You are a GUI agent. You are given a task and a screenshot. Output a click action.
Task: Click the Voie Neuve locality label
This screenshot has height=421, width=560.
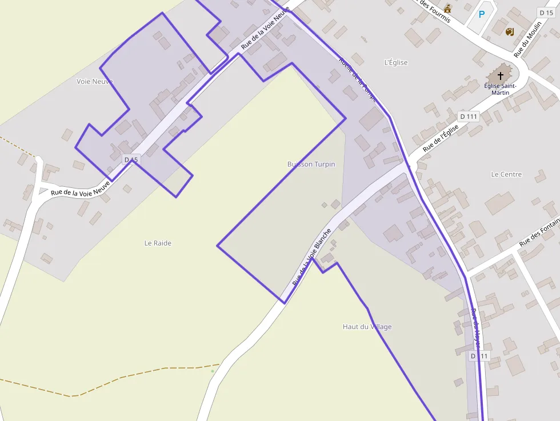pyautogui.click(x=94, y=81)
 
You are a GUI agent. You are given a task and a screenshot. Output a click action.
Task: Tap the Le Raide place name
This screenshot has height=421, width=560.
pyautogui.click(x=158, y=243)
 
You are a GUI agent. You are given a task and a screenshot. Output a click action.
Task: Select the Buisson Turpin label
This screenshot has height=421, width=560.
pyautogui.click(x=311, y=164)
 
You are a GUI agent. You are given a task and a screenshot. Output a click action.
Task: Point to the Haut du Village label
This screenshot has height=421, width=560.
pyautogui.click(x=367, y=327)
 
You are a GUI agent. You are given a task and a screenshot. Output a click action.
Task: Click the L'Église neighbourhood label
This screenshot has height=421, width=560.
pyautogui.click(x=396, y=62)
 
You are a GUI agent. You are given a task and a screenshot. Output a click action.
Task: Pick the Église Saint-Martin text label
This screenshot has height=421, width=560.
pyautogui.click(x=500, y=89)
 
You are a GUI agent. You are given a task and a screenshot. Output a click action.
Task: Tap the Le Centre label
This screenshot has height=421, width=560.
pyautogui.click(x=506, y=174)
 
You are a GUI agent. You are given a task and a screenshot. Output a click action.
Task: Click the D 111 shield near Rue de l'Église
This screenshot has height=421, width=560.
pyautogui.click(x=469, y=117)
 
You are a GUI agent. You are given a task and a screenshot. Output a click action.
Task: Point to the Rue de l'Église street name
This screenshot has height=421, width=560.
pyautogui.click(x=441, y=138)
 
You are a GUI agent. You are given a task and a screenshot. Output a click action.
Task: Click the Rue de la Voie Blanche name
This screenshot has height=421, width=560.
pyautogui.click(x=311, y=258)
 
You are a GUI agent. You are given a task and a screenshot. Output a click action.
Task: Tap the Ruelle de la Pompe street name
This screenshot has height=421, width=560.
pyautogui.click(x=358, y=79)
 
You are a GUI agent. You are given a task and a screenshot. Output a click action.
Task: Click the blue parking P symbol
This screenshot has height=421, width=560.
pyautogui.click(x=481, y=14)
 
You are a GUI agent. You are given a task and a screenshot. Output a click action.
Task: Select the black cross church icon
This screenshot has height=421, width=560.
pyautogui.click(x=501, y=75)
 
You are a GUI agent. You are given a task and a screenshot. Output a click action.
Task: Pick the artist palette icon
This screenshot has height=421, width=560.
pyautogui.click(x=510, y=31)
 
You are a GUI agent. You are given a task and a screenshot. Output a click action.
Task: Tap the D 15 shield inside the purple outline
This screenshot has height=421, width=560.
pyautogui.click(x=131, y=159)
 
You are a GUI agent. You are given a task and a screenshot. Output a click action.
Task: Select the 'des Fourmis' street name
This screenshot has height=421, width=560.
pyautogui.click(x=435, y=11)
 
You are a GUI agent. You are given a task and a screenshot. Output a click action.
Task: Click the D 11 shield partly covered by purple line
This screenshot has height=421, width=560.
pyautogui.click(x=479, y=356)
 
